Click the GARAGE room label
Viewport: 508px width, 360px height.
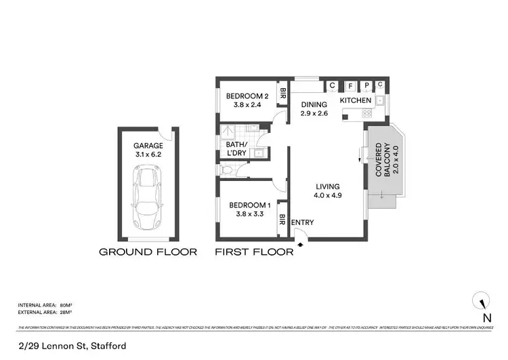148,149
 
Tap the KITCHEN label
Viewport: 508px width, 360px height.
355,100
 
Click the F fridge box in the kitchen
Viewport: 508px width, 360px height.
350,85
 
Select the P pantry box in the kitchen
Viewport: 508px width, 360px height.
366,85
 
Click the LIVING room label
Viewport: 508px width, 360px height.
326,191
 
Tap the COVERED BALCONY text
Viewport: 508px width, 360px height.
383,161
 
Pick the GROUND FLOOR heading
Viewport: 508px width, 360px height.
148,252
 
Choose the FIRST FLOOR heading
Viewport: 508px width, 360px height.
254,252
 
